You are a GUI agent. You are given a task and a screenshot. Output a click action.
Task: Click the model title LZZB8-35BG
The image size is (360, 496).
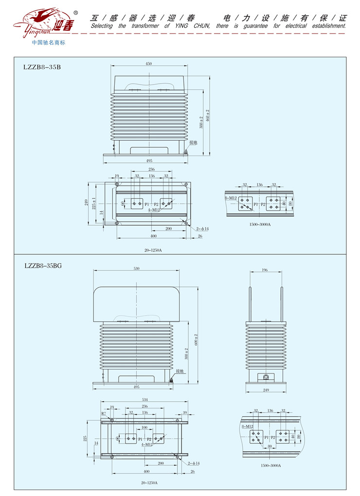point(43,266)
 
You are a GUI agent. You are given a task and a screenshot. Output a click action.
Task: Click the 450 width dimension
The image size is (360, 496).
point(149,64)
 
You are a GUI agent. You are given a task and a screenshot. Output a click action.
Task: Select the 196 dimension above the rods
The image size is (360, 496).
point(265,270)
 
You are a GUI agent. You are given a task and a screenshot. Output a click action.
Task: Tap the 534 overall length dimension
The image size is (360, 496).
point(144,400)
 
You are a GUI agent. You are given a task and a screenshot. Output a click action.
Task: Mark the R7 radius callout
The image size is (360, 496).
point(104,414)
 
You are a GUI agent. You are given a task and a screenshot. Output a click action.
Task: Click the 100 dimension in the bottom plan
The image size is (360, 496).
point(144,428)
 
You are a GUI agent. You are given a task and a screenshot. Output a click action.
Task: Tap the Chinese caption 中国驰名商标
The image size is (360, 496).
point(48,42)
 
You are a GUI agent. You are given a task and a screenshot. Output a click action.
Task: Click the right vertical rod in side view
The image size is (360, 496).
point(281,304)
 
